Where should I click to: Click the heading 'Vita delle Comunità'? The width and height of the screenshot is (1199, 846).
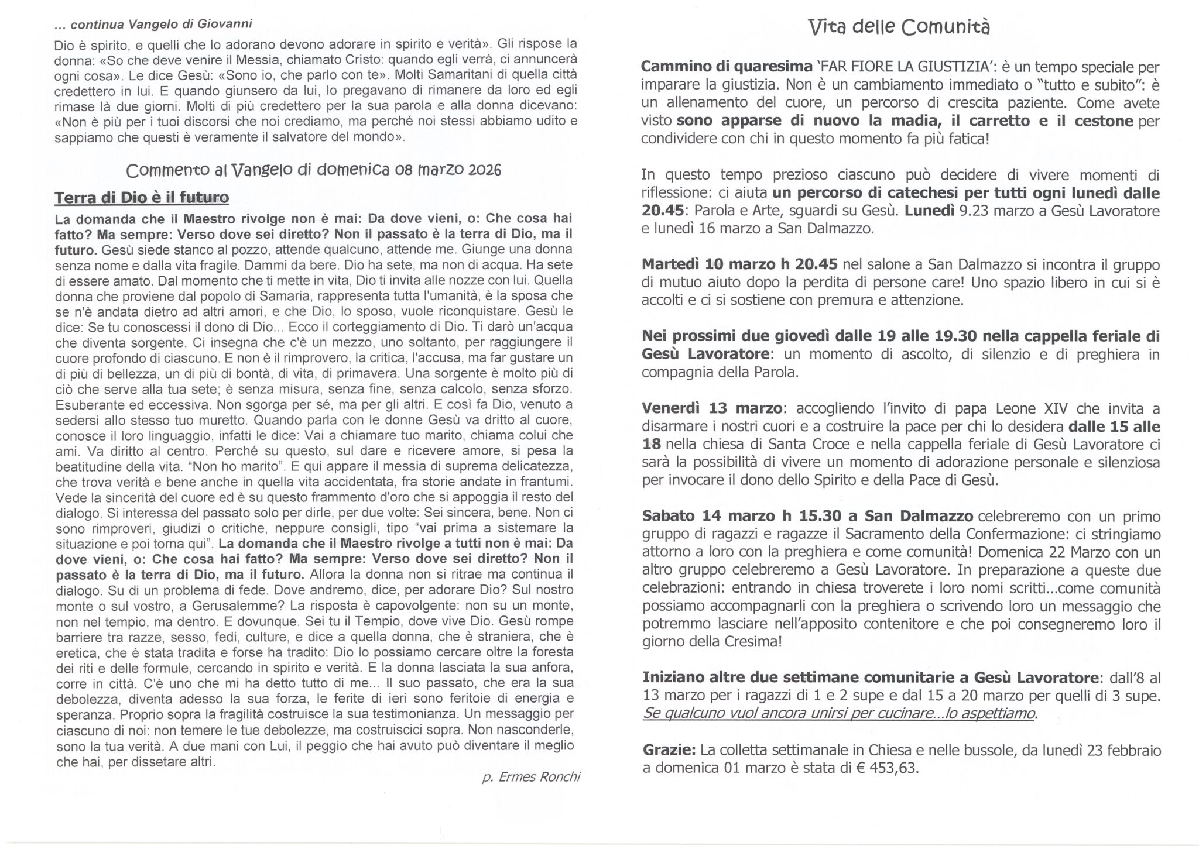pyautogui.click(x=899, y=27)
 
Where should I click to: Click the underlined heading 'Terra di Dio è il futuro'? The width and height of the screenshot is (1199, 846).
pyautogui.click(x=141, y=198)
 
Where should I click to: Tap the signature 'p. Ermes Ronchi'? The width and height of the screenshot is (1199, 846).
pyautogui.click(x=530, y=777)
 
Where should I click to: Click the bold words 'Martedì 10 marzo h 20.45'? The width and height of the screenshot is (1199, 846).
pyautogui.click(x=740, y=264)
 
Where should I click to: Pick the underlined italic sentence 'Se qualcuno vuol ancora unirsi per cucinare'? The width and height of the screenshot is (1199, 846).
pyautogui.click(x=838, y=713)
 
